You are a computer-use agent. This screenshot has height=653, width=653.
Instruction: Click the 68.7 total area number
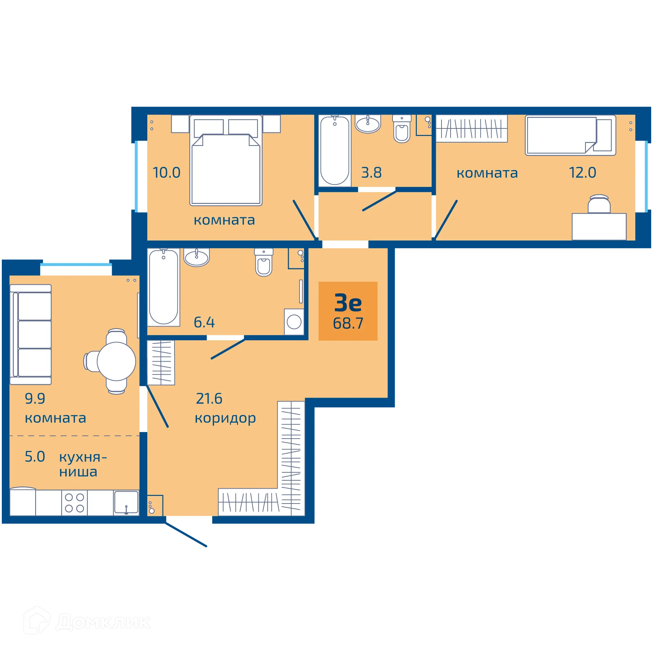[x=348, y=323]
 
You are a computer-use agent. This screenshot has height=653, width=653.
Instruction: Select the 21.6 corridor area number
[x=209, y=399]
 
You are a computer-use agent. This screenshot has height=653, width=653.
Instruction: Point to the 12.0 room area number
[x=582, y=173]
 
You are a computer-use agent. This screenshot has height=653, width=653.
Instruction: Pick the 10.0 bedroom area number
[x=167, y=173]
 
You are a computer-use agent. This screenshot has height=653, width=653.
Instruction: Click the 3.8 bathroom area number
[x=371, y=173]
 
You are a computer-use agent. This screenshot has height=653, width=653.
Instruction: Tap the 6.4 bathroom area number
[x=204, y=322]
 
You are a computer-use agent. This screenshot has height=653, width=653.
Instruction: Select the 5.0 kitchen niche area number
[x=35, y=457]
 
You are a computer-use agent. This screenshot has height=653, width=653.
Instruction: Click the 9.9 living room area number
[x=35, y=399]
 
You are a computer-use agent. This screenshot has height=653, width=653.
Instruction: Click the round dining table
[x=116, y=361]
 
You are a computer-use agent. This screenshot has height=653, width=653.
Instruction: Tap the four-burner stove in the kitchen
[x=74, y=503]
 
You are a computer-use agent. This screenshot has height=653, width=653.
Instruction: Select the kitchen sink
[x=126, y=502]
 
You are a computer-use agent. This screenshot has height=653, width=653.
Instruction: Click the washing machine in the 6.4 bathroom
[x=294, y=322]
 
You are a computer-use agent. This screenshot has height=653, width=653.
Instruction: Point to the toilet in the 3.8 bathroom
[x=402, y=129]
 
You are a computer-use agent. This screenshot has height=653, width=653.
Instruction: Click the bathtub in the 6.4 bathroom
[x=164, y=287]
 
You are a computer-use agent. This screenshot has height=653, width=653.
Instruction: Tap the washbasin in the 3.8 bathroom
[x=368, y=124]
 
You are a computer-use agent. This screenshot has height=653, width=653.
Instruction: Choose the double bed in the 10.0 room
[x=226, y=160]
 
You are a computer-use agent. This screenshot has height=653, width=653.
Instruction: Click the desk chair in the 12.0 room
[x=599, y=204]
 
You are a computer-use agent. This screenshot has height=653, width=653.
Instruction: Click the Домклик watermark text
[x=103, y=623]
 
